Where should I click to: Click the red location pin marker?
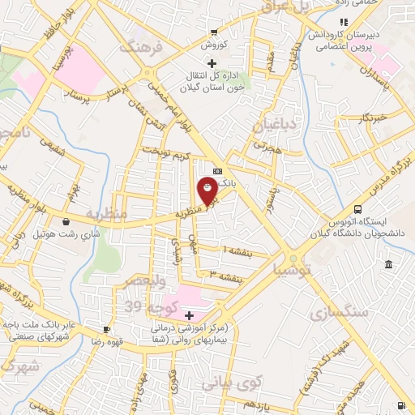[x=207, y=191]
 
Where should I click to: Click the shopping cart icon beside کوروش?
[x=213, y=33]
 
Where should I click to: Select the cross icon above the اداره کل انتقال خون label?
[x=212, y=63]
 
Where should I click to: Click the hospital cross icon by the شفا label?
[x=190, y=314]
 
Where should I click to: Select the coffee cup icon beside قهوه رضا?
[x=106, y=329]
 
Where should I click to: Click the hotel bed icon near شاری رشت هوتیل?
[x=66, y=221]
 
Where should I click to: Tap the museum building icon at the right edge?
[x=390, y=265]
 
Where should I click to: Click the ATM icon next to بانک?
[x=217, y=172]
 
